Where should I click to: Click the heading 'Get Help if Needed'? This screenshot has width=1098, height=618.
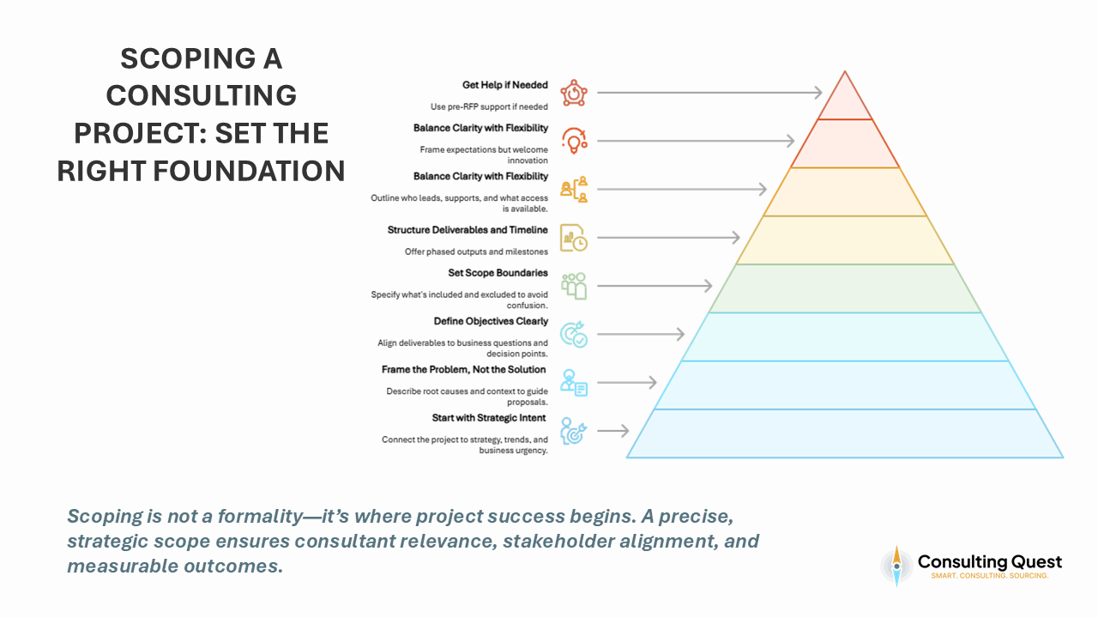(x=504, y=86)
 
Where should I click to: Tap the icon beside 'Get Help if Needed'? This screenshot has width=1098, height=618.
(x=574, y=92)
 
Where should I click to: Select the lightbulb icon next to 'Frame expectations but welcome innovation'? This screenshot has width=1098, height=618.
(x=574, y=140)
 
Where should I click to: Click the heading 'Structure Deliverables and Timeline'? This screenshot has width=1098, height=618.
(x=468, y=230)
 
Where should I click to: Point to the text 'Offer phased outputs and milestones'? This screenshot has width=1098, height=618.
(x=476, y=251)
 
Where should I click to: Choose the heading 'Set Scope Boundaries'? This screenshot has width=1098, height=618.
(x=498, y=273)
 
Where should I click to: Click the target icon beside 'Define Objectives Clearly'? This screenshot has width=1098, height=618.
(x=574, y=334)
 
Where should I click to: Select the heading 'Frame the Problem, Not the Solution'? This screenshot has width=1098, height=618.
(x=463, y=369)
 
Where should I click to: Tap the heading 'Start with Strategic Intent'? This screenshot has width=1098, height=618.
(x=490, y=418)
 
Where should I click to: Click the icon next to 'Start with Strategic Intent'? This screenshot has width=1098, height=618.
(x=574, y=430)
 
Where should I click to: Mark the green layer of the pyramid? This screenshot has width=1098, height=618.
(x=845, y=288)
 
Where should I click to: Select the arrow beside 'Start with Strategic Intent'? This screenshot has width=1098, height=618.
(x=612, y=430)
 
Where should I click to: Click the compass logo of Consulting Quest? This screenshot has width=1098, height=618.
(x=896, y=566)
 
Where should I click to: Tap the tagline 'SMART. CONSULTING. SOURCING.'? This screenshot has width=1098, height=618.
(x=990, y=575)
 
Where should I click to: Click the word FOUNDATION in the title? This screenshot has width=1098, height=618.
(x=248, y=171)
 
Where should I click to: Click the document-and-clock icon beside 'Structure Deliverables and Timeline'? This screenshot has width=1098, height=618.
(x=574, y=237)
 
